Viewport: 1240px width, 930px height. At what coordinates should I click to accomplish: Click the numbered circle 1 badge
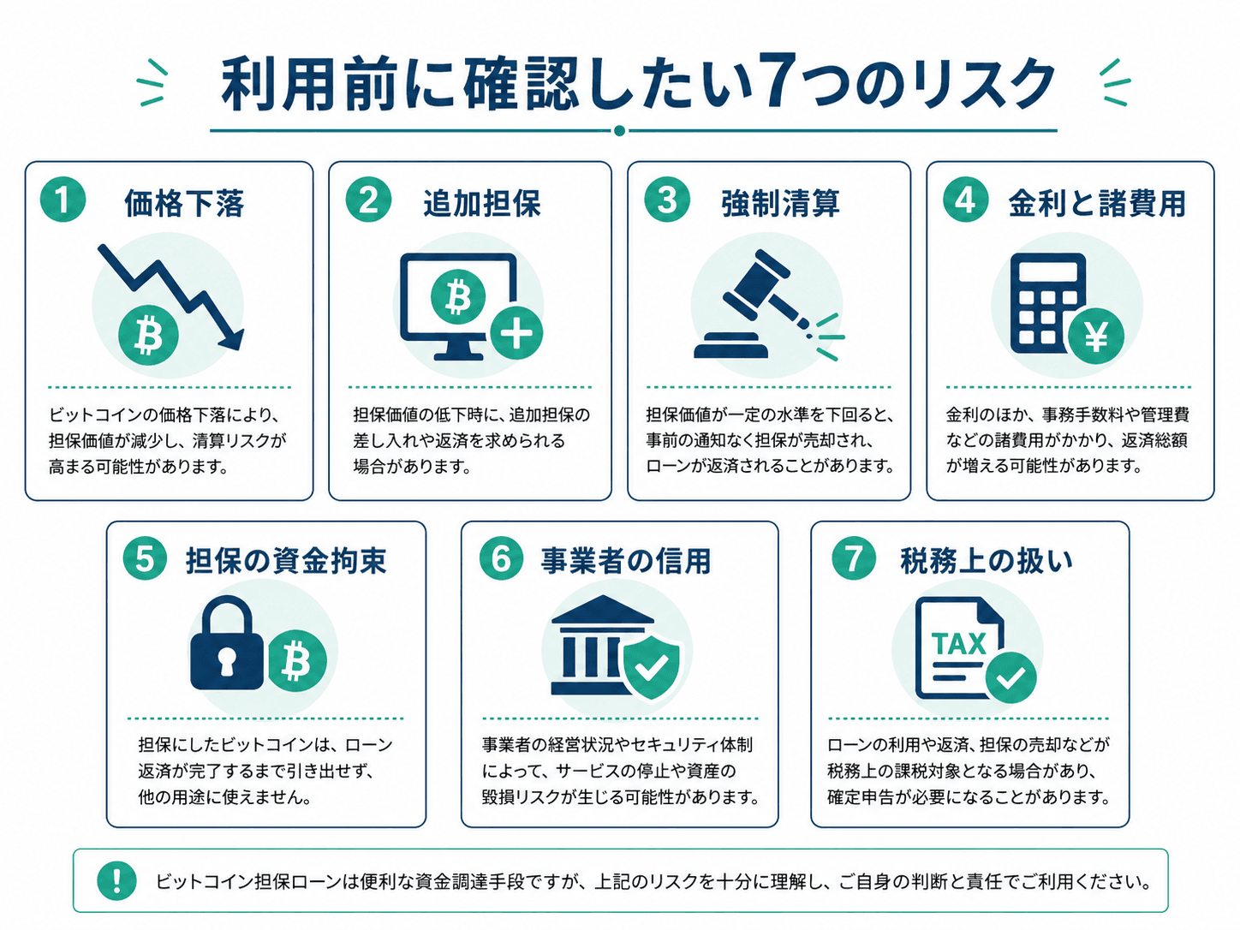[63, 200]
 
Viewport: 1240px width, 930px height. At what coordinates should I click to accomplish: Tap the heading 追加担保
[482, 203]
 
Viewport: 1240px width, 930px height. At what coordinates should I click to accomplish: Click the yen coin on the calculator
[1096, 336]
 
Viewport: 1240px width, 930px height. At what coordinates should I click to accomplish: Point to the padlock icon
[227, 643]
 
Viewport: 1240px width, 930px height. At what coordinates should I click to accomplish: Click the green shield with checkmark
[652, 667]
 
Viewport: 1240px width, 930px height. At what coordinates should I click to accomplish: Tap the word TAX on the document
[958, 644]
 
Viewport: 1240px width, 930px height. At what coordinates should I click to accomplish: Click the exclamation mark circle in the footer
[117, 880]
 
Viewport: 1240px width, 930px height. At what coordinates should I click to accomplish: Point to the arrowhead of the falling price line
[232, 338]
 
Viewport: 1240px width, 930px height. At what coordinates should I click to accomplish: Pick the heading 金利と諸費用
[1097, 203]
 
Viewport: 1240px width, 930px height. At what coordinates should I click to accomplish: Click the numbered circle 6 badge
[501, 558]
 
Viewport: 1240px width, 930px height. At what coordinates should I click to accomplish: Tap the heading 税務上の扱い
[987, 561]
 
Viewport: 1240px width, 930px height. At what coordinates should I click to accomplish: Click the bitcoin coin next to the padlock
[296, 661]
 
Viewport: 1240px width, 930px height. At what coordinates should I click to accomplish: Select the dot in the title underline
[620, 131]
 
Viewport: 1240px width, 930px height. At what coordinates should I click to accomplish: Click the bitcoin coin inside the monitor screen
[458, 296]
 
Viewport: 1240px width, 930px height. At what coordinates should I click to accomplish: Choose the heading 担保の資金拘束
[286, 561]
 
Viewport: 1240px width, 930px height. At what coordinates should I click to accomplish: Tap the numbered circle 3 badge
[667, 200]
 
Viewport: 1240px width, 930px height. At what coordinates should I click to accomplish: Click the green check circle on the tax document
[1010, 677]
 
